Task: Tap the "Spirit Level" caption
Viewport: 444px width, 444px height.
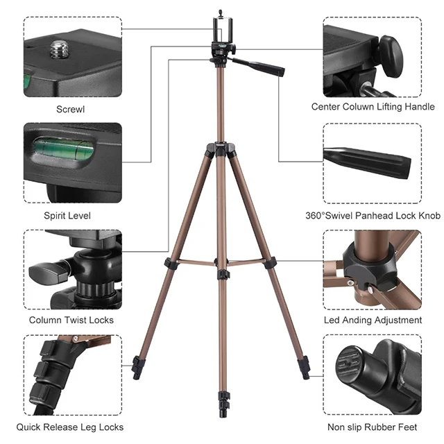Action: tap(67, 216)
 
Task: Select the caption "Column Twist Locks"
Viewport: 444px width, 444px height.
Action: tap(71, 320)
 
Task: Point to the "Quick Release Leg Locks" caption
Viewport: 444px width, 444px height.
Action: tap(70, 427)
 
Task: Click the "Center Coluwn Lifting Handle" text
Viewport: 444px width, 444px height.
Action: tap(373, 107)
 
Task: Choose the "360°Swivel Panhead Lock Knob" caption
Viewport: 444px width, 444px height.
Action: tap(373, 216)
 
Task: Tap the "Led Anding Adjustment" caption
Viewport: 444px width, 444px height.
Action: tap(373, 320)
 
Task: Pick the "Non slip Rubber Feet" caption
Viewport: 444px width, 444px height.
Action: tap(372, 427)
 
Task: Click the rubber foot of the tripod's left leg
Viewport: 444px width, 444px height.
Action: tap(136, 364)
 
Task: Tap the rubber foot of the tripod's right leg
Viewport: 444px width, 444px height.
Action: tap(305, 365)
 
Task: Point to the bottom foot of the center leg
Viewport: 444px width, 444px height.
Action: tap(223, 403)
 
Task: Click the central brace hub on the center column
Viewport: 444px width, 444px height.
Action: tap(221, 273)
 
